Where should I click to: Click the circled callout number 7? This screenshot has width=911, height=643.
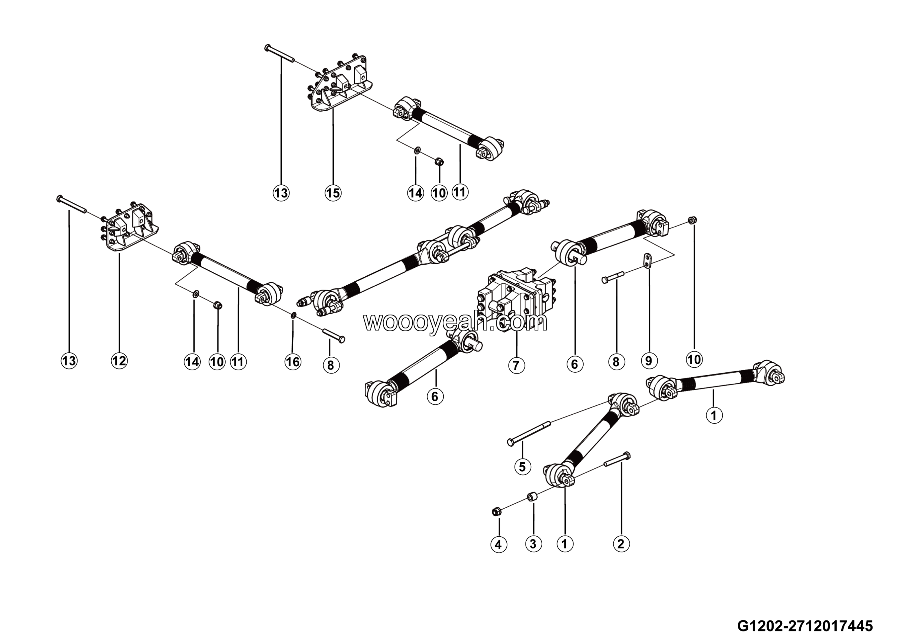516,365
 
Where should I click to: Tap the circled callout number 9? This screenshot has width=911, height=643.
649,360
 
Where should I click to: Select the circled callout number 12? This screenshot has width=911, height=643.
119,360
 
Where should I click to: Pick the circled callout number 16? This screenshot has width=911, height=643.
293,362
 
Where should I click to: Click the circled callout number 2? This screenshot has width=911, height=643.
621,543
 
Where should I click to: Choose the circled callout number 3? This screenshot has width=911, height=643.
533,543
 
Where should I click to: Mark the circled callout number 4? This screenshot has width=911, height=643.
498,545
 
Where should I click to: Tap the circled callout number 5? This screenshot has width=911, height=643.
522,467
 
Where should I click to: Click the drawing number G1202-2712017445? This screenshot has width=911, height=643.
805,626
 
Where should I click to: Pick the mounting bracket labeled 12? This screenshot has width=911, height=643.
127,230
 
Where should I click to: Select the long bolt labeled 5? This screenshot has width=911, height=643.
529,434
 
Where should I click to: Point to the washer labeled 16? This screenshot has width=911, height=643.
293,315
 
